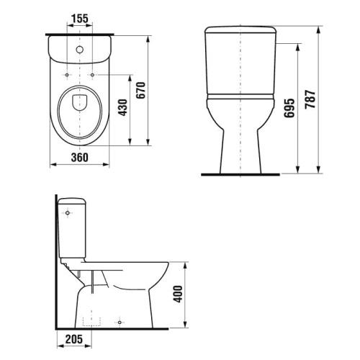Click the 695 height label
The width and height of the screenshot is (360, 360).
pos(288,107)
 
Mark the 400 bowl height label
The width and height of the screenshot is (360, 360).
pos(179,294)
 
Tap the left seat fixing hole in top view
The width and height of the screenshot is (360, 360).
pos(66,75)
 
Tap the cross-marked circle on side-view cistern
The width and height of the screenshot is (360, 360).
pos(69,215)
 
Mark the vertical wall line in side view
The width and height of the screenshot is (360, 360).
pos(56,259)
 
